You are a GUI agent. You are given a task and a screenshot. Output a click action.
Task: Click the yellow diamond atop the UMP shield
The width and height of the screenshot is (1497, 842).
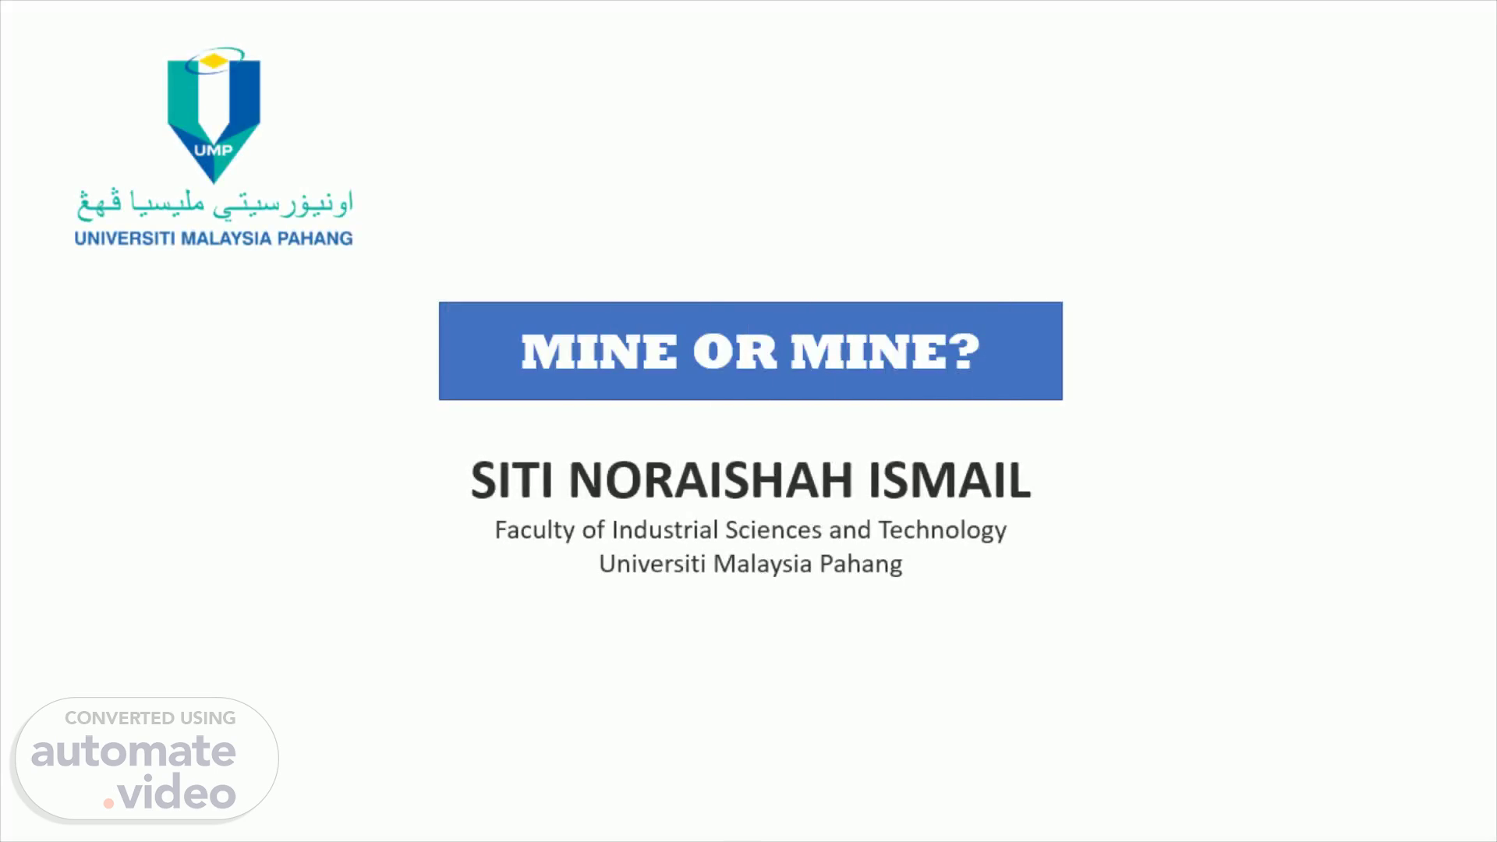coord(212,60)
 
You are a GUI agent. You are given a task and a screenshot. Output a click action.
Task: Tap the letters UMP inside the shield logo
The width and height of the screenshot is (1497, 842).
coord(213,150)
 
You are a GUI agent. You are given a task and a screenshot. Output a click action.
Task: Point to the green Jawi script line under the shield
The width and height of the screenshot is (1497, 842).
coord(214,203)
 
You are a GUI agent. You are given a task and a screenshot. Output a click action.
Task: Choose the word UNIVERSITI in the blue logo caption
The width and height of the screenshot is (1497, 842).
coord(125,239)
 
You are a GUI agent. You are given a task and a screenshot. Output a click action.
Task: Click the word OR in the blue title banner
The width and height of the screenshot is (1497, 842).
coord(734,352)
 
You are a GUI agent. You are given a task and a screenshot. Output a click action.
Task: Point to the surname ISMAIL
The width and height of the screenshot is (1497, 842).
coord(950,479)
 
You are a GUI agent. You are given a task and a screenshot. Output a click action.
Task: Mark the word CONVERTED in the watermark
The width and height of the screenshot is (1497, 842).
coord(119,718)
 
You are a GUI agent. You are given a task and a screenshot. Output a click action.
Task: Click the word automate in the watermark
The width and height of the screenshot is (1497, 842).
coord(133,752)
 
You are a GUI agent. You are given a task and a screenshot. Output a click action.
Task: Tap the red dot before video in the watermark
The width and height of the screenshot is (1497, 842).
coord(109,802)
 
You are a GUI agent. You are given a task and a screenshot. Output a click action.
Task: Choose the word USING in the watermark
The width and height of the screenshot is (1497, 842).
coord(208,718)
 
